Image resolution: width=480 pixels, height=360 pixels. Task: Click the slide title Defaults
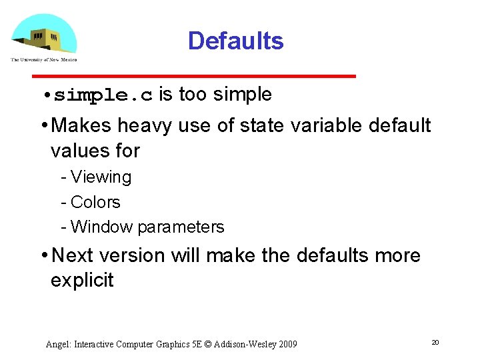[x=235, y=41]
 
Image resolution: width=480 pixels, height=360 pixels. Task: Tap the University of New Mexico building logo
[x=44, y=37]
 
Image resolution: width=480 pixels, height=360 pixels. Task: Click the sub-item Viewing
[x=101, y=177]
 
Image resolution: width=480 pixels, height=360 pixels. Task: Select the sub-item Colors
[x=95, y=202]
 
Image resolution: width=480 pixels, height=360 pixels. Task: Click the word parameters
[x=181, y=227]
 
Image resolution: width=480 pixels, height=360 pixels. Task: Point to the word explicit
[x=82, y=280]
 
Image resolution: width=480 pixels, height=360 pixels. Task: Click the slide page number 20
[x=435, y=342]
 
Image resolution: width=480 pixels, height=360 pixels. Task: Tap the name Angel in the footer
[x=57, y=345]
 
